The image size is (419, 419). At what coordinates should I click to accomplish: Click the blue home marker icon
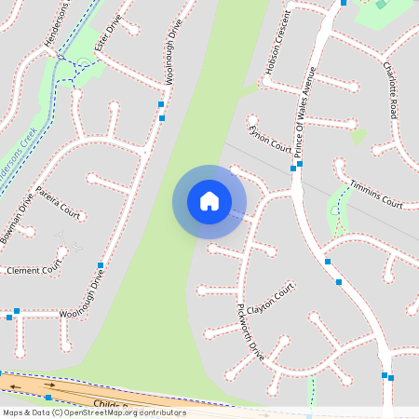(209, 201)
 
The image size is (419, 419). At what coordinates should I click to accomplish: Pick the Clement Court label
(33, 270)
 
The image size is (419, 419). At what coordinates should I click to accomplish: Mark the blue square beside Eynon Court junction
(293, 169)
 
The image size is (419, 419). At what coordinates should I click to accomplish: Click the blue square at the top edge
(344, 3)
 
